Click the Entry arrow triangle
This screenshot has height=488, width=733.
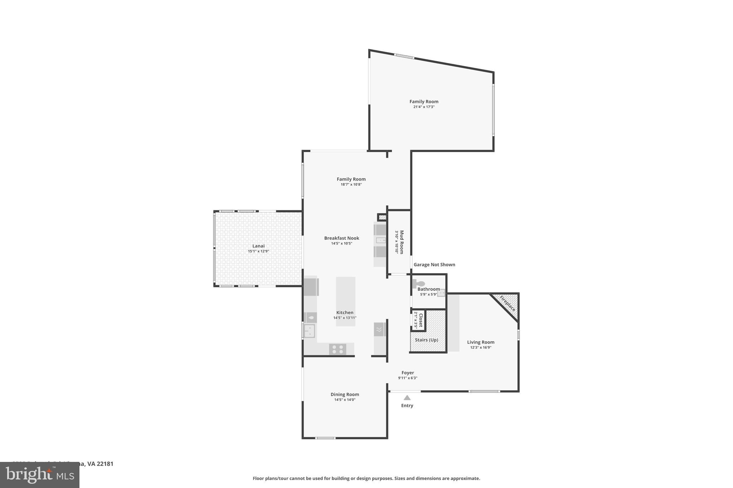click(x=407, y=398)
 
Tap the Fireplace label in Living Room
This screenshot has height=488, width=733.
click(x=508, y=303)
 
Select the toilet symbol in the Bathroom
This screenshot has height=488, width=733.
click(x=418, y=284)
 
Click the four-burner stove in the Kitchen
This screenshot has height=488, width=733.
click(x=338, y=349)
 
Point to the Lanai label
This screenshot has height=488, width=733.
click(x=258, y=246)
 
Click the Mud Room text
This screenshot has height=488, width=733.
click(x=402, y=242)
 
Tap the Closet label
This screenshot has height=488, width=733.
click(x=421, y=320)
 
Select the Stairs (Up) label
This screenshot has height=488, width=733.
click(x=426, y=340)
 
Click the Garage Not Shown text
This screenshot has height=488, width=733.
click(x=434, y=265)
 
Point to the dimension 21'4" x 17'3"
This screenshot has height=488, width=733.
click(x=424, y=107)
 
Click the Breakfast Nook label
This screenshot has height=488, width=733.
click(x=341, y=238)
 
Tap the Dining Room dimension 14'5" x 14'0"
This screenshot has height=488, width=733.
click(x=345, y=400)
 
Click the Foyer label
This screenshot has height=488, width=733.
click(x=408, y=373)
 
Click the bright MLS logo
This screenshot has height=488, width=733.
click(x=40, y=475)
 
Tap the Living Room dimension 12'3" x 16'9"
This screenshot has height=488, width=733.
click(x=481, y=347)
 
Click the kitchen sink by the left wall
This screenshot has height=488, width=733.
click(x=309, y=331)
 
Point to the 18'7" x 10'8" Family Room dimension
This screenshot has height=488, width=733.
click(x=351, y=184)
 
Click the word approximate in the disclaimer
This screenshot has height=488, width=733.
click(x=465, y=478)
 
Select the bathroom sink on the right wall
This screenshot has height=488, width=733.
click(x=441, y=293)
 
